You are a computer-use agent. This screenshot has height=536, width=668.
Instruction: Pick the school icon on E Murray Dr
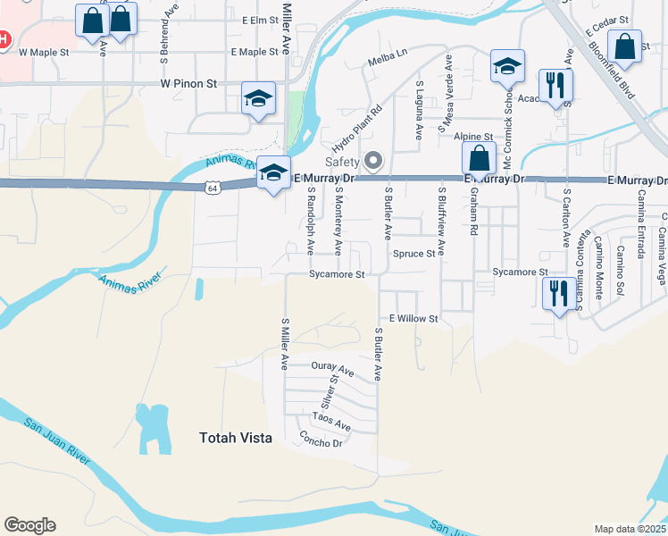(273, 172)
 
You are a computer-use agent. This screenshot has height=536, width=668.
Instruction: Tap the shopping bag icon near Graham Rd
(480, 158)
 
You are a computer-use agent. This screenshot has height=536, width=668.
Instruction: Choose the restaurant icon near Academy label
(557, 86)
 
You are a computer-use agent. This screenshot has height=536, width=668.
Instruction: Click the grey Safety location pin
(373, 161)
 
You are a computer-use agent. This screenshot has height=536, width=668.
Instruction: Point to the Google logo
(29, 525)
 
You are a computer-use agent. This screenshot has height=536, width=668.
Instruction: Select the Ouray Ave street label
(332, 368)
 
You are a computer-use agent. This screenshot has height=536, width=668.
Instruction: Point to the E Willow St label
(413, 319)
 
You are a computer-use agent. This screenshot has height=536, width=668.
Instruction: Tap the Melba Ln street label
(387, 63)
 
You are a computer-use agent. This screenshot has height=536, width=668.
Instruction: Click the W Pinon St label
(189, 83)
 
